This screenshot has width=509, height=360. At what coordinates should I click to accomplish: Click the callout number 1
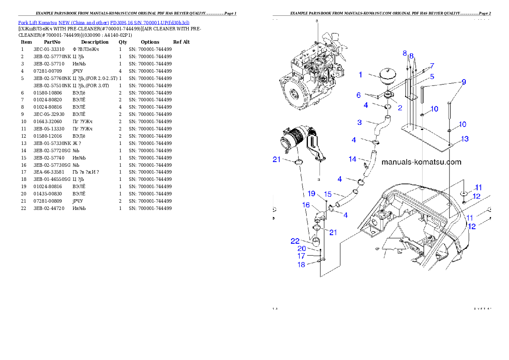click(361, 75)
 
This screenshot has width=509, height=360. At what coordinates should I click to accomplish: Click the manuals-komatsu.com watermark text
click(421, 162)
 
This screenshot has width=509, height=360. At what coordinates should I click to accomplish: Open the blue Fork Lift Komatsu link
click(104, 22)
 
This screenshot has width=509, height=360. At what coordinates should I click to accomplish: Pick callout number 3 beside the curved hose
click(360, 122)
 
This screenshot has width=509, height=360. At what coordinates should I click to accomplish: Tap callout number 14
click(352, 159)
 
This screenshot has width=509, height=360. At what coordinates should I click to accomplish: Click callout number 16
click(306, 205)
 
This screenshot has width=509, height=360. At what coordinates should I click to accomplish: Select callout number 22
click(307, 241)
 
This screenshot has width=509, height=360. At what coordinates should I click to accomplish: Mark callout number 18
click(302, 265)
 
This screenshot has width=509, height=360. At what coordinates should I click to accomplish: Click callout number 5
click(432, 77)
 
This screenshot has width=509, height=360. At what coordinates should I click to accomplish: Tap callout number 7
click(432, 66)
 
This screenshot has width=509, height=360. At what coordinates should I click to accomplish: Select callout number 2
click(400, 108)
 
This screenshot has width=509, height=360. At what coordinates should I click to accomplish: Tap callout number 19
click(311, 193)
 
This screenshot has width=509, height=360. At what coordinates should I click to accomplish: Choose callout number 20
click(302, 248)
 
